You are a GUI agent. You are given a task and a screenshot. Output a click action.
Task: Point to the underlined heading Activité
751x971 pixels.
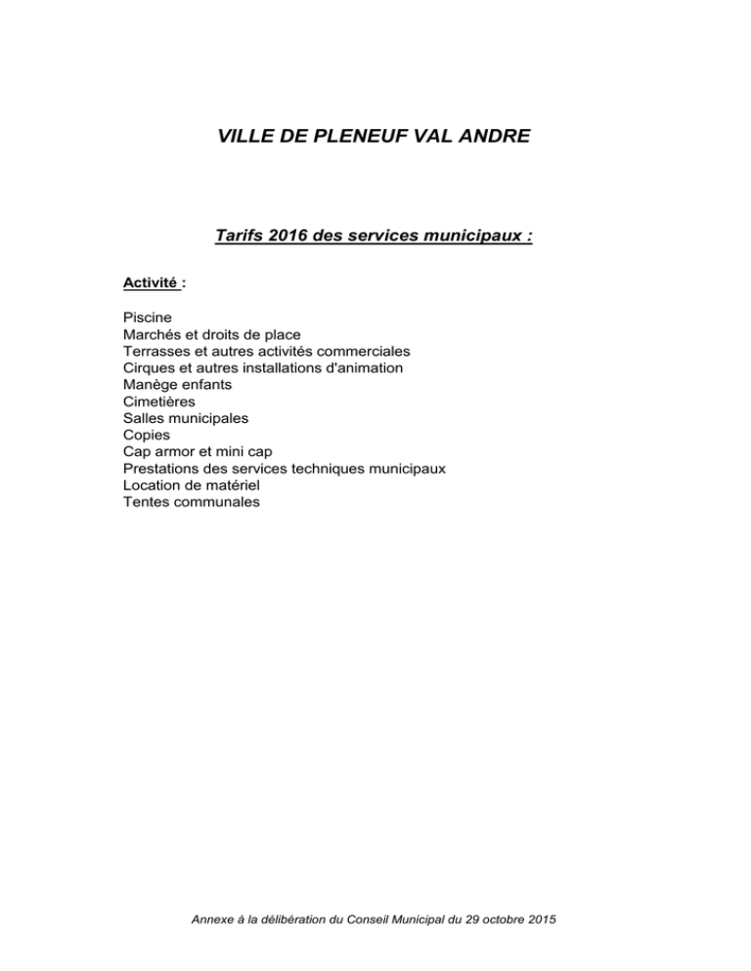click(152, 283)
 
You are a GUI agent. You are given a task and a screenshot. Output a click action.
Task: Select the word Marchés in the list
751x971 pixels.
click(154, 334)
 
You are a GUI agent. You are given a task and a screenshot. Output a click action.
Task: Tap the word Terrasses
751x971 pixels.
click(159, 351)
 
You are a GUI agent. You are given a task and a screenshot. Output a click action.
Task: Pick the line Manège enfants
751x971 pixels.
click(184, 384)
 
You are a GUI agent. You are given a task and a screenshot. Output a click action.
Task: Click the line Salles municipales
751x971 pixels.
click(186, 418)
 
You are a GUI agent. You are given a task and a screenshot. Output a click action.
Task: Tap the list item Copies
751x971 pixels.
click(146, 435)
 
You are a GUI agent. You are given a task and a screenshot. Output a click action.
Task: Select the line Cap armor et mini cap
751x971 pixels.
click(198, 451)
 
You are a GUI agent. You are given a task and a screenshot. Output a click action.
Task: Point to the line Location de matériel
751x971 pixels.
click(191, 485)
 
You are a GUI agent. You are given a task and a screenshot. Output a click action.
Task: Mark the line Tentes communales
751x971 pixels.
click(192, 501)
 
